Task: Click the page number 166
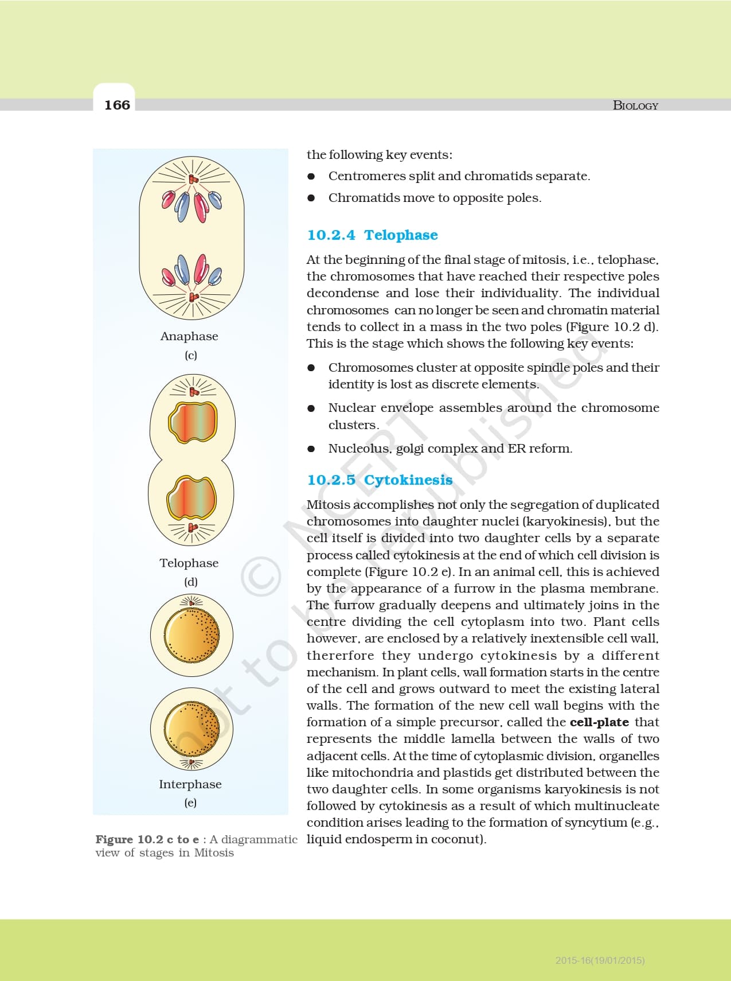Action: point(117,105)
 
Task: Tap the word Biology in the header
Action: point(635,106)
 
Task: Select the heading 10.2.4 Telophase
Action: point(372,235)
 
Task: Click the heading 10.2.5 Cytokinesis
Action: point(380,480)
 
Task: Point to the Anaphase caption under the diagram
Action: point(189,336)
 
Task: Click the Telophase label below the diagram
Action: point(189,563)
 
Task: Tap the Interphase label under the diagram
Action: point(190,784)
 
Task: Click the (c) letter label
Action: point(191,355)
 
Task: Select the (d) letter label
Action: point(191,582)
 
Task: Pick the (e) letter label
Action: point(190,803)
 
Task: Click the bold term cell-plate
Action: point(599,722)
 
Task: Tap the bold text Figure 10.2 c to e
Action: point(147,839)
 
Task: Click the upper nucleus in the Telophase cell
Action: point(193,422)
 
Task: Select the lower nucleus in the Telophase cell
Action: point(191,497)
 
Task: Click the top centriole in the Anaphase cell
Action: point(193,180)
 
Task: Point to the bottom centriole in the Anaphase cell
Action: point(193,297)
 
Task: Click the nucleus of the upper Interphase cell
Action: point(191,635)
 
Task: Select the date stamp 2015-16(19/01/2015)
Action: point(600,960)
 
